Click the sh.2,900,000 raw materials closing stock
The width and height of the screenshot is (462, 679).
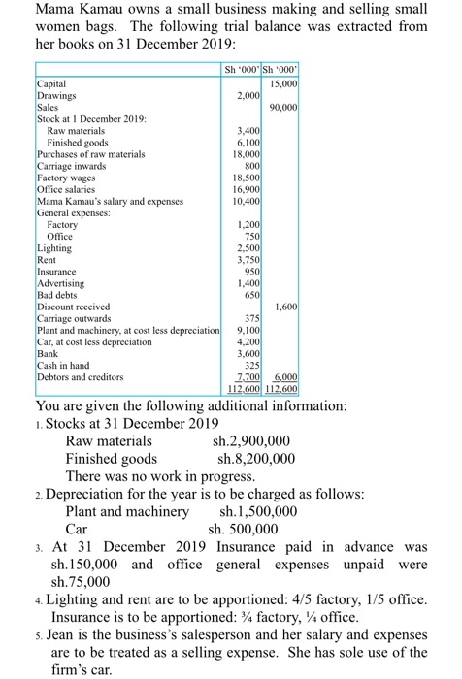point(253,440)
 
